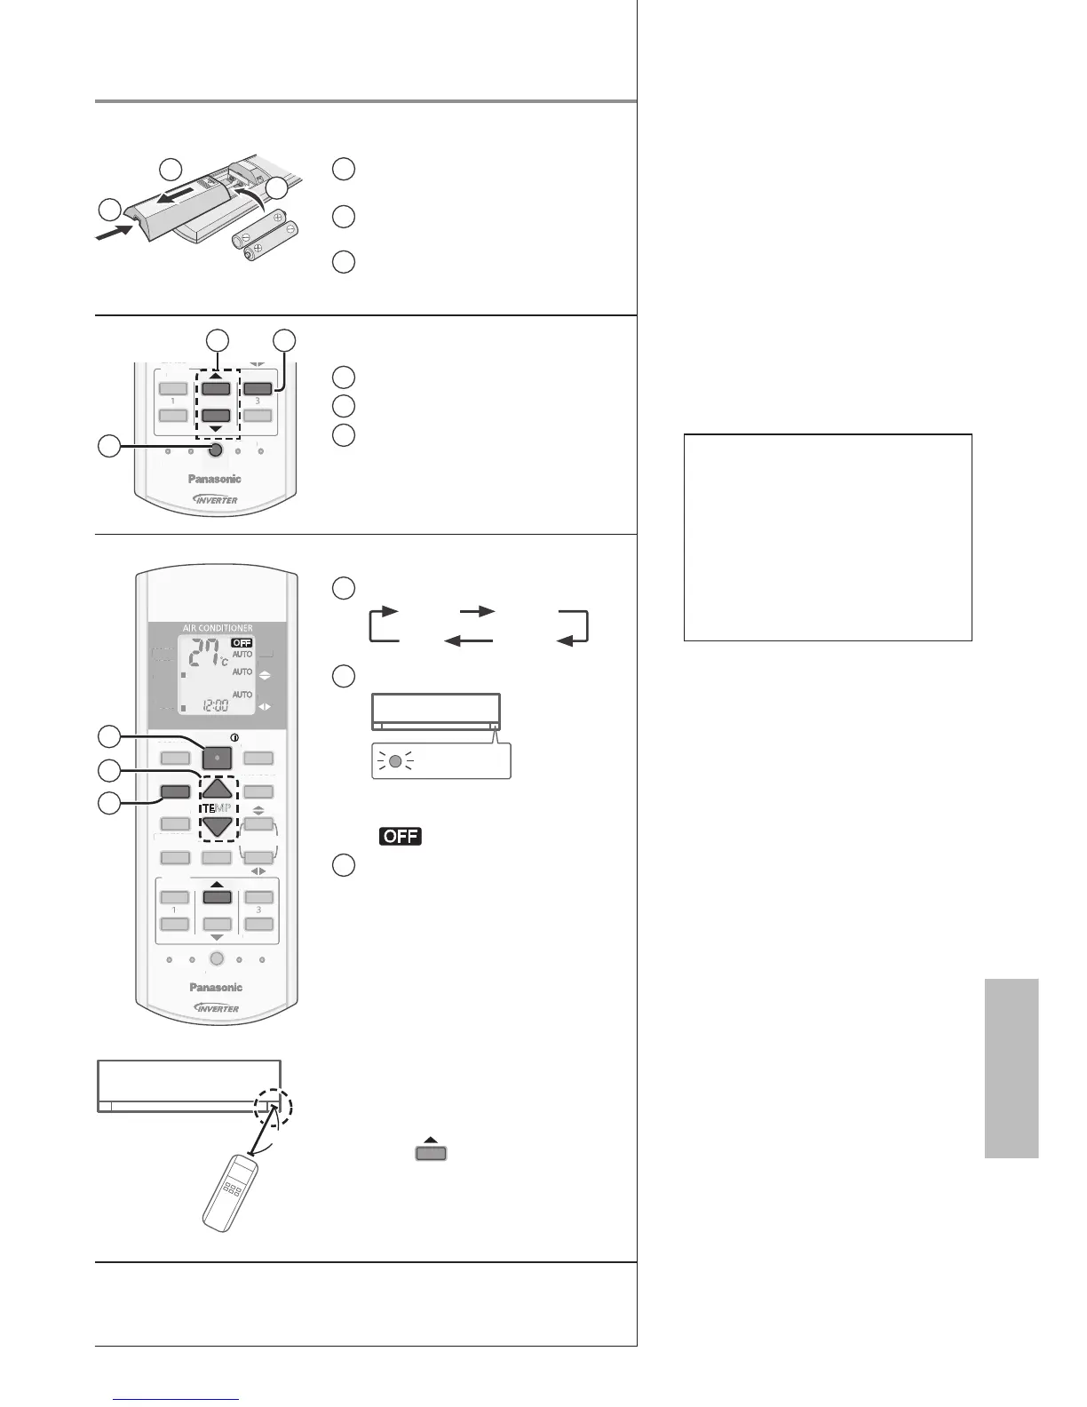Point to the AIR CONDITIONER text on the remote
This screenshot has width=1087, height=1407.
pyautogui.click(x=218, y=628)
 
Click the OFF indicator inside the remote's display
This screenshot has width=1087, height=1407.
pyautogui.click(x=242, y=642)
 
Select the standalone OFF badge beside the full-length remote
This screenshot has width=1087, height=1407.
pyautogui.click(x=400, y=836)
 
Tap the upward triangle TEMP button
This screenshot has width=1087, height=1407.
pyautogui.click(x=217, y=788)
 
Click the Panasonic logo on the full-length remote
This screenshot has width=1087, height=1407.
pyautogui.click(x=215, y=987)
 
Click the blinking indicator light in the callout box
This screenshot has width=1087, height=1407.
pyautogui.click(x=395, y=761)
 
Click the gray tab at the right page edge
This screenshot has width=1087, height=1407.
pyautogui.click(x=1011, y=1068)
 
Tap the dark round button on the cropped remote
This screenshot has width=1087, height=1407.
pyautogui.click(x=214, y=451)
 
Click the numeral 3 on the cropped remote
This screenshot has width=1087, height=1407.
pyautogui.click(x=258, y=401)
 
